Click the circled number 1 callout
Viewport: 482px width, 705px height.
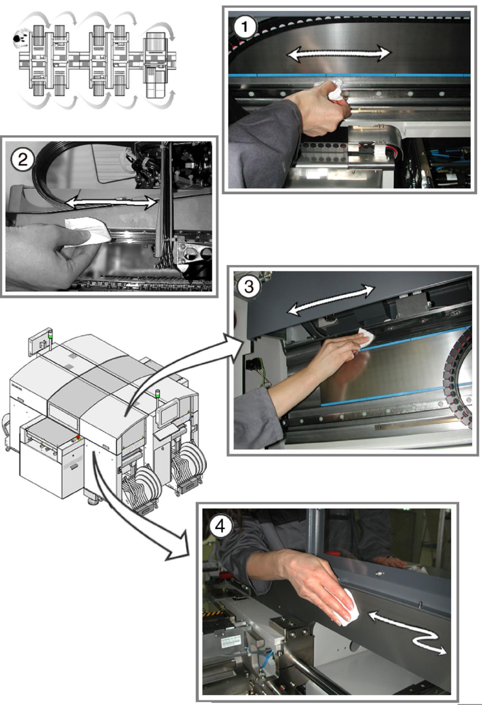(245, 27)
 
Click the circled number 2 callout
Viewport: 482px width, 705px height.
(23, 160)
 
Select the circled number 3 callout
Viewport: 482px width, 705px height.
(249, 287)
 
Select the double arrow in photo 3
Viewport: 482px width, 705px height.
(331, 300)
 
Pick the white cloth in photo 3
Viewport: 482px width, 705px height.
(366, 337)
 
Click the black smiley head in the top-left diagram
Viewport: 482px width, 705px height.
(18, 38)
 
